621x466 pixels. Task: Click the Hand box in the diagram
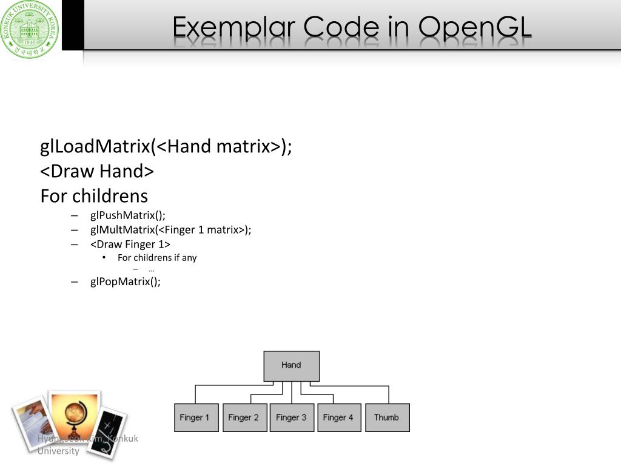point(291,365)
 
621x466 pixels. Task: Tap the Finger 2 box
point(244,417)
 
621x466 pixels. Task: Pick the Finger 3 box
point(292,417)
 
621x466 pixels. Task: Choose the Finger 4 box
point(339,417)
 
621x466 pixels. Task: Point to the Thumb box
point(387,417)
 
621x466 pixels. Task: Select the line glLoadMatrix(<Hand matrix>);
point(166,147)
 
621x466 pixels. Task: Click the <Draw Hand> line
point(97,172)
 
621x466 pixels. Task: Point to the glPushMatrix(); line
point(127,215)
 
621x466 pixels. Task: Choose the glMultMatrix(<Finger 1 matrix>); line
point(170,230)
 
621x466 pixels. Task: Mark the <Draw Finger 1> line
point(130,245)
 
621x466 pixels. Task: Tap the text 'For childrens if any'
point(157,258)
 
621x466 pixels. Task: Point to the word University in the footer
point(58,451)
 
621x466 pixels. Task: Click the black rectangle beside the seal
point(73,24)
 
